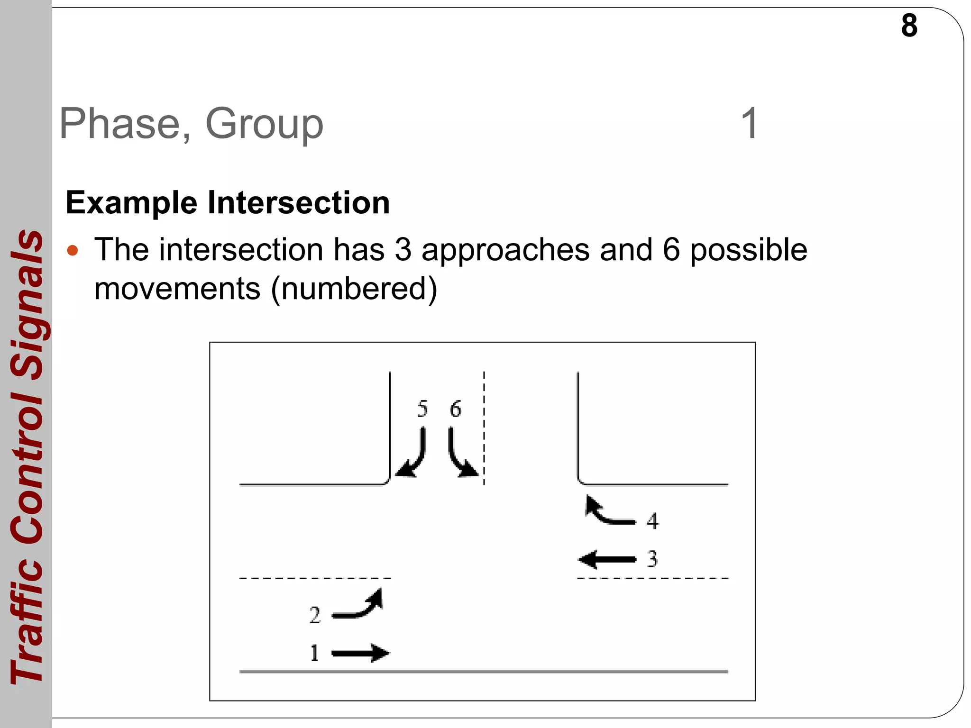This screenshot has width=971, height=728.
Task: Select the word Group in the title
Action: pos(264,124)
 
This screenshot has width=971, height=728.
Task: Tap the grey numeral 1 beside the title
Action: pos(749,124)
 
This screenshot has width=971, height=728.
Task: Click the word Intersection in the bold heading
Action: pos(299,203)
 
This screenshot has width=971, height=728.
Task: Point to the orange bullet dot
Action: pos(73,250)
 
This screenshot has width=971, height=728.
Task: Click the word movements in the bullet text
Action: pos(177,289)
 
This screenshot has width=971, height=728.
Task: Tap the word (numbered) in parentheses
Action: pos(354,289)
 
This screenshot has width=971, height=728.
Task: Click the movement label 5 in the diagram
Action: pos(422,409)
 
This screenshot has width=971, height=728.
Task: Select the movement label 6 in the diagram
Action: pos(455,409)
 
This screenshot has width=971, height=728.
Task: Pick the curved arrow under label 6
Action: pos(461,454)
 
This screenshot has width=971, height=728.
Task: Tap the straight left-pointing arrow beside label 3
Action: pos(607,559)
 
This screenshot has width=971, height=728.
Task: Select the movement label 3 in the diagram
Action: pos(652,559)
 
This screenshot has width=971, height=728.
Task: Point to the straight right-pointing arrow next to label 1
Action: pos(360,653)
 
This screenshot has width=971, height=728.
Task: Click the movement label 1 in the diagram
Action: pos(314,653)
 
